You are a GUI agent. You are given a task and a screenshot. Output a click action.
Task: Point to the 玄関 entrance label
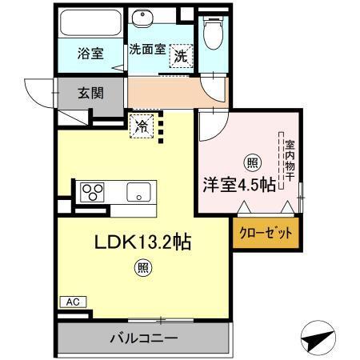click(90, 93)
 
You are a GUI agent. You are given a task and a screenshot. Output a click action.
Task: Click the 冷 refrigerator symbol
click(142, 126)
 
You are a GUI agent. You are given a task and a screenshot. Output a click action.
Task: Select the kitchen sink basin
click(137, 193)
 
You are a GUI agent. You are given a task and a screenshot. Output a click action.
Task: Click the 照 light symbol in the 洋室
click(251, 162)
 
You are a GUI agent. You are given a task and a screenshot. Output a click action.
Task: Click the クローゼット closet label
click(266, 234)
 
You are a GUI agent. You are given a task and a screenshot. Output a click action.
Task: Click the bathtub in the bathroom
click(89, 24)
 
